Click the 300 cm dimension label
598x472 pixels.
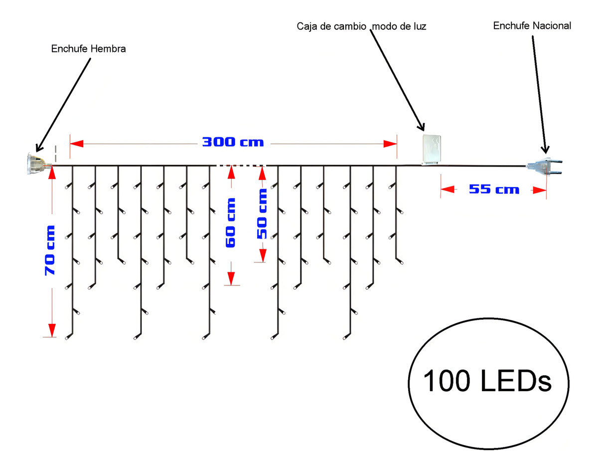click(233, 142)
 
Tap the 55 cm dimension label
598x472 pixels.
click(494, 190)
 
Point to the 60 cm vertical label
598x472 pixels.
click(231, 223)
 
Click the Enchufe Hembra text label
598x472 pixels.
click(88, 49)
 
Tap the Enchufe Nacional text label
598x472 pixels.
click(532, 26)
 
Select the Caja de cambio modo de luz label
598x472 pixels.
click(361, 26)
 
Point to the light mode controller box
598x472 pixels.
click(432, 149)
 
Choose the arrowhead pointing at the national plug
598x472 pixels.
click(545, 149)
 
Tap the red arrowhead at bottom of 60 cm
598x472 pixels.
click(231, 278)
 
